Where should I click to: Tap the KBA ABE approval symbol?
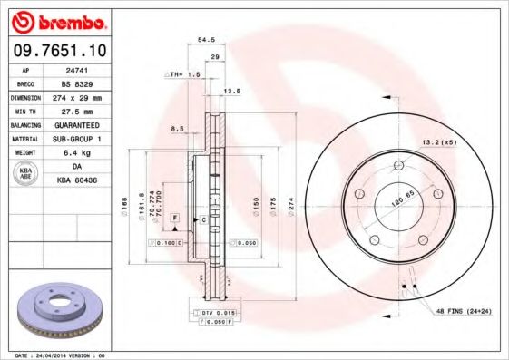(26, 173)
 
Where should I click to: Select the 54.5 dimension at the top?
(206, 40)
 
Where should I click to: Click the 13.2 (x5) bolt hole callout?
(436, 142)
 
